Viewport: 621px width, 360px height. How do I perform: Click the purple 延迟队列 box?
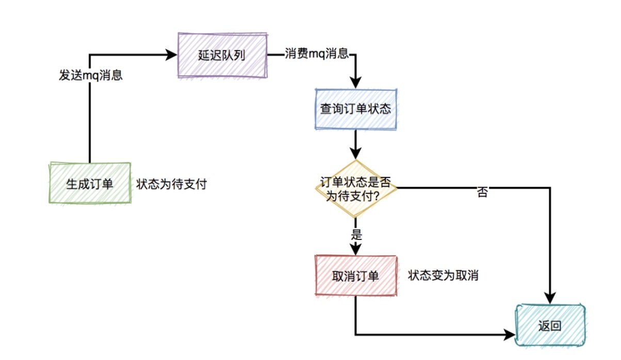(x=222, y=56)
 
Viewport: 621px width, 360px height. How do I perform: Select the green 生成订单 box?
(x=90, y=184)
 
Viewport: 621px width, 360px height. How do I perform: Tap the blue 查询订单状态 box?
(x=355, y=110)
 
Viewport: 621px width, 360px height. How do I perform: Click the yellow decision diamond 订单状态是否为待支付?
(x=356, y=189)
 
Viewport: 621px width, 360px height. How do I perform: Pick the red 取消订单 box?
(x=355, y=276)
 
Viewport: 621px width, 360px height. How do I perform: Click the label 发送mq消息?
(x=90, y=75)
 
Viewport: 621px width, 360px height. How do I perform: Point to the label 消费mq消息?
(x=317, y=54)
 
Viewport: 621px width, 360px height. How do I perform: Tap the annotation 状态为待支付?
(x=171, y=184)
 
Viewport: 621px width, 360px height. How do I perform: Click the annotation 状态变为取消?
(x=443, y=275)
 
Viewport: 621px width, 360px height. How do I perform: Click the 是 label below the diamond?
(x=356, y=235)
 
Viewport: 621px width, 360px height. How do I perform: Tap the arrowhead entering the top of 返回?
(x=550, y=298)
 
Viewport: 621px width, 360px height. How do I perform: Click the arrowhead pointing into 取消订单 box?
(x=356, y=249)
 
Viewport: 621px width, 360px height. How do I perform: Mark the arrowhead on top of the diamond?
(x=356, y=153)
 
